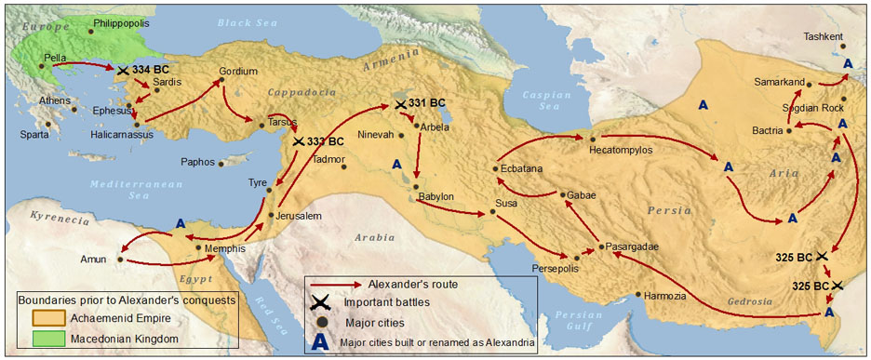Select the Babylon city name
pos(435,197)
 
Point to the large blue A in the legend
pos(321,341)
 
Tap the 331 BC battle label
pos(426,103)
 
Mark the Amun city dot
pos(120,260)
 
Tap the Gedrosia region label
pos(749,301)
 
